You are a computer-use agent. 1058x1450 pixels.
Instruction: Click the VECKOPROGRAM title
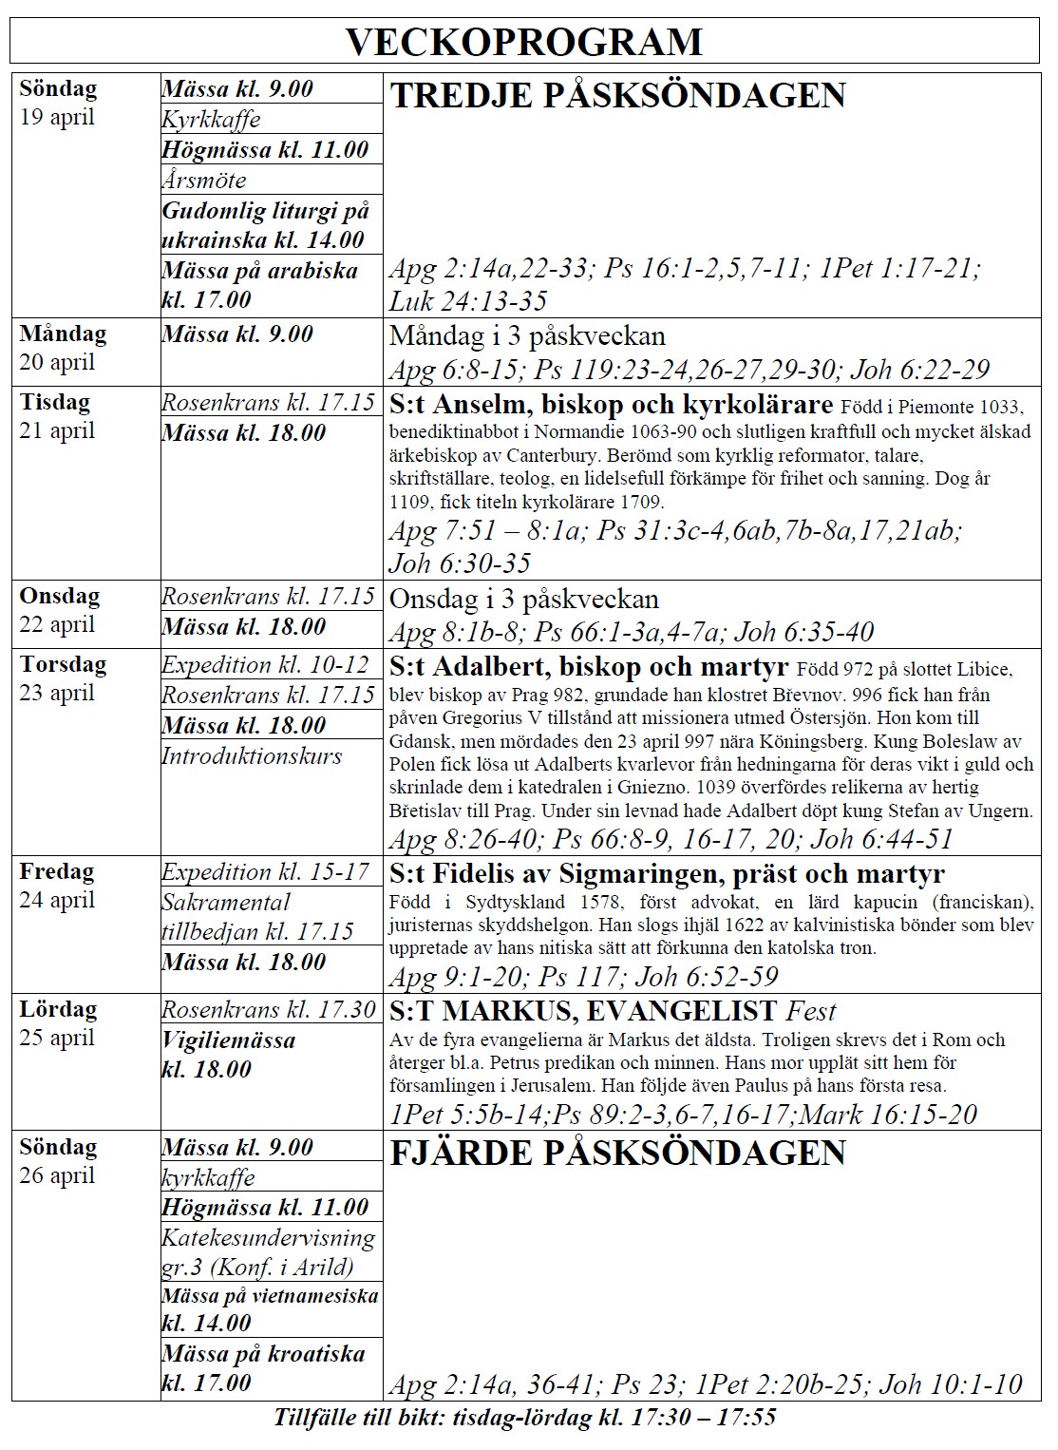(523, 42)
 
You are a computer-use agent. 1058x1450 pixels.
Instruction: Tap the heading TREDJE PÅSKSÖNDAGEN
(617, 96)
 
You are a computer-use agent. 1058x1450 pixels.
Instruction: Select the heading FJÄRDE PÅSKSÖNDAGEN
(617, 1153)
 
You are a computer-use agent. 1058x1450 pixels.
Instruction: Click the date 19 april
(57, 118)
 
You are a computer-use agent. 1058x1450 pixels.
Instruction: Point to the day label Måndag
(63, 334)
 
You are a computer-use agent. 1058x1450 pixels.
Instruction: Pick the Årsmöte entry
(204, 180)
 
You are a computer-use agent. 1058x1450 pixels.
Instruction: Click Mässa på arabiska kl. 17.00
(259, 285)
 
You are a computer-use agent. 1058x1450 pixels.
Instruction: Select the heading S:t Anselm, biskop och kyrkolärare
(611, 405)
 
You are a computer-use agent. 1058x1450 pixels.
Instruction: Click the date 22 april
(57, 624)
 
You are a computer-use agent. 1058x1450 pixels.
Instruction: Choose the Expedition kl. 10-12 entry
(265, 665)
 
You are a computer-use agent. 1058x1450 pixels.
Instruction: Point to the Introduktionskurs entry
(252, 756)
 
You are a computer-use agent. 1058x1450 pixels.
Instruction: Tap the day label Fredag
(57, 871)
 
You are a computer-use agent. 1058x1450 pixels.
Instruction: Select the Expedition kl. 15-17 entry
(265, 872)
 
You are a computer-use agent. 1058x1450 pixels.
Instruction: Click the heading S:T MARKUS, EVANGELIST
(584, 1011)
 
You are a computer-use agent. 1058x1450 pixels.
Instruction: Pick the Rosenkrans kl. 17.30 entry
(269, 1010)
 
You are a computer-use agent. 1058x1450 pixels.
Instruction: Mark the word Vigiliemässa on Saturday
(229, 1040)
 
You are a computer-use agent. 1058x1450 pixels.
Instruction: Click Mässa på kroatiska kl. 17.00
(263, 1368)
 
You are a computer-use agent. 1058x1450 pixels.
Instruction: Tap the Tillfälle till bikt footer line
(525, 1418)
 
